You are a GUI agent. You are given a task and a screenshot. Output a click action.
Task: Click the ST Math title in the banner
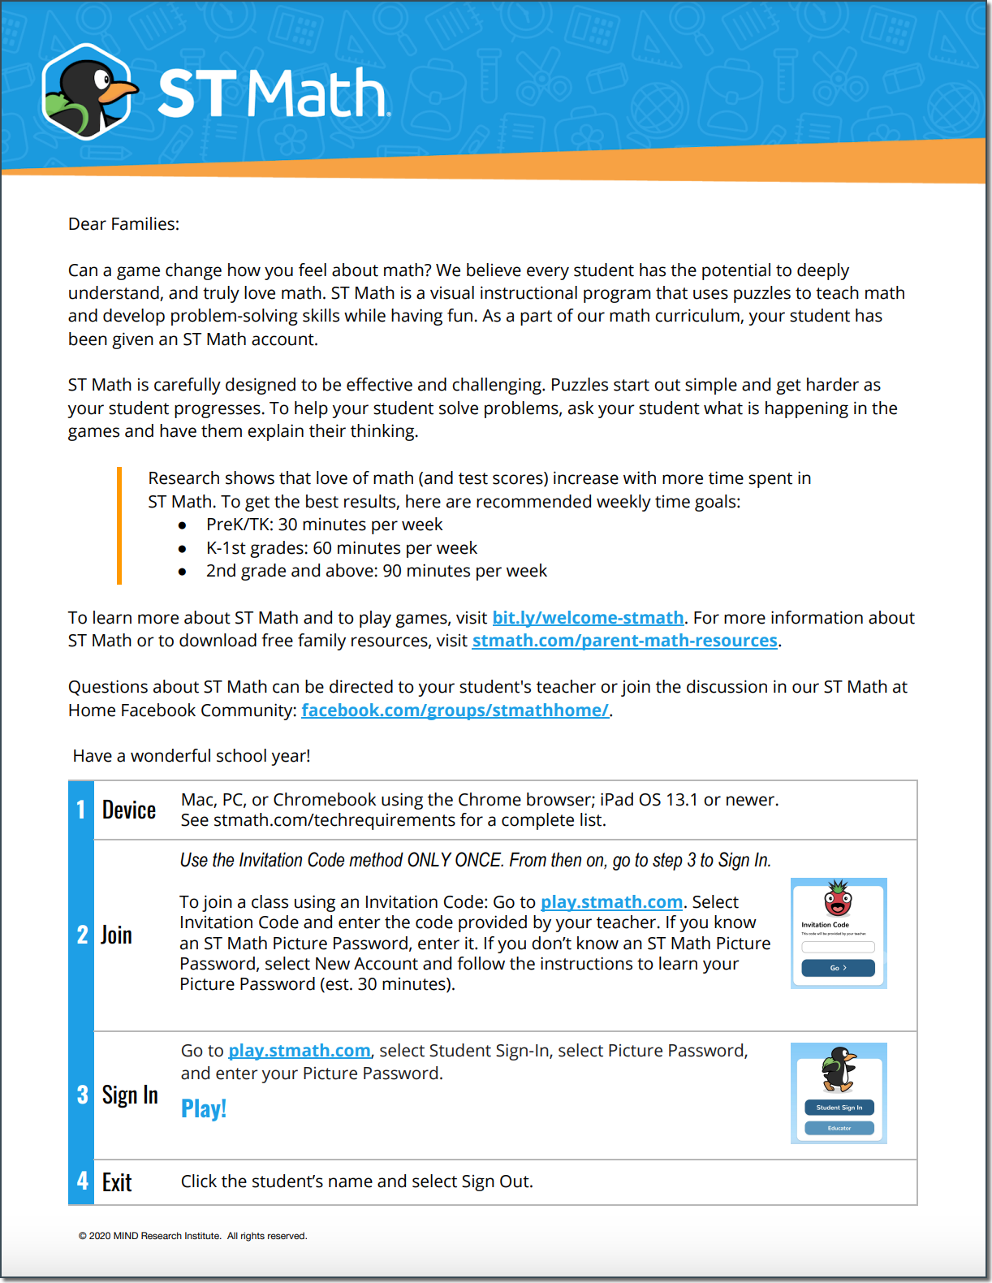click(x=273, y=93)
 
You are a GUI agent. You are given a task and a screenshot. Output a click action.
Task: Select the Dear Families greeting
click(x=123, y=224)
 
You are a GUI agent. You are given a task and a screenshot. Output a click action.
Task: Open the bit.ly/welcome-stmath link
click(x=588, y=618)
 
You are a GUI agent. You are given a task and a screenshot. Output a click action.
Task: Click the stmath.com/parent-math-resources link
click(x=624, y=641)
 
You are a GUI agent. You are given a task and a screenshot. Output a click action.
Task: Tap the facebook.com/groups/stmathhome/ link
click(x=455, y=711)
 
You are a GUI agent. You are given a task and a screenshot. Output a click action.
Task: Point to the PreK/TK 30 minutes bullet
click(x=324, y=525)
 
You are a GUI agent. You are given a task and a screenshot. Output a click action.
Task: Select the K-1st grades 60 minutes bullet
click(x=341, y=548)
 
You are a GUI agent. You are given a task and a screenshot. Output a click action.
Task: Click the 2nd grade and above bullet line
click(x=376, y=571)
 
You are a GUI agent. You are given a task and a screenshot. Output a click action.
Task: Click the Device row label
click(x=129, y=810)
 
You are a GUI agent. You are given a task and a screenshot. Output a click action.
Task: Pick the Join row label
click(x=116, y=935)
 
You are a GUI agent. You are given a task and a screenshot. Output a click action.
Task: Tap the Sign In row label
click(x=130, y=1095)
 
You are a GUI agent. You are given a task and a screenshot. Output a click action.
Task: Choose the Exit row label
click(x=117, y=1182)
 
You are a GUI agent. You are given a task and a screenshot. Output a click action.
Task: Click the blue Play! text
click(x=204, y=1108)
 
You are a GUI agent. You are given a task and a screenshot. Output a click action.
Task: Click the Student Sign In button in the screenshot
click(x=839, y=1108)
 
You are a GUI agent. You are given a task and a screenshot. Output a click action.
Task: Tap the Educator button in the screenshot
click(x=839, y=1128)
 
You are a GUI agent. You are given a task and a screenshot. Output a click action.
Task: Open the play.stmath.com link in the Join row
click(x=611, y=902)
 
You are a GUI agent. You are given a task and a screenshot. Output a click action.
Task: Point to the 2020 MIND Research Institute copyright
click(x=192, y=1236)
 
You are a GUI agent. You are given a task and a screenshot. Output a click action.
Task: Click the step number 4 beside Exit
click(x=82, y=1181)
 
